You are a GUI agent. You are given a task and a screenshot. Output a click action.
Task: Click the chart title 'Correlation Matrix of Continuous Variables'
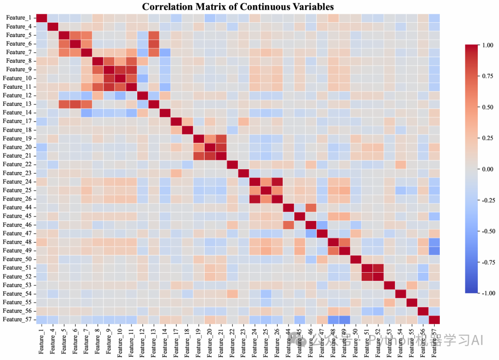(x=237, y=6)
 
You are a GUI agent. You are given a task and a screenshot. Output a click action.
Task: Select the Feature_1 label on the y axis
(x=19, y=18)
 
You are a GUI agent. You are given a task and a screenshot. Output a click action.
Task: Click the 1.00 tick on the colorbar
(x=488, y=45)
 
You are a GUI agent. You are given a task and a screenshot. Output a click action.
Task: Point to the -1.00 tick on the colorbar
(x=487, y=293)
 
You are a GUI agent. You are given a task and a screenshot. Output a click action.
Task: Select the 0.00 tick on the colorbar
(x=488, y=169)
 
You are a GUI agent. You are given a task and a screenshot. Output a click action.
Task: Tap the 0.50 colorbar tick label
(x=488, y=107)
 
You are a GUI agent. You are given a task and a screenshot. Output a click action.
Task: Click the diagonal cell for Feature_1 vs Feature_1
(x=42, y=18)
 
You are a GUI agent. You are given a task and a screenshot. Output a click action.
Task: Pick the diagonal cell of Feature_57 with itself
(x=434, y=319)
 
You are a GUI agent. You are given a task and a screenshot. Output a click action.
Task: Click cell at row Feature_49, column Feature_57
(x=434, y=250)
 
